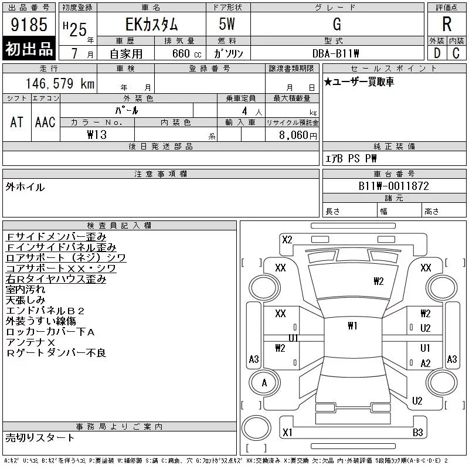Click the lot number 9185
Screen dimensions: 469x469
pyautogui.click(x=29, y=24)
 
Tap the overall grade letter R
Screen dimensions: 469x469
pyautogui.click(x=447, y=24)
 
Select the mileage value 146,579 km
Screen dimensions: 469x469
pyautogui.click(x=60, y=83)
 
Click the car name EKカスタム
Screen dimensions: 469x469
pyautogui.click(x=151, y=24)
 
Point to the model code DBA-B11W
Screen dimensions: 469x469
pyautogui.click(x=335, y=53)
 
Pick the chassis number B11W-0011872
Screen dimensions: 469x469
pyautogui.click(x=393, y=186)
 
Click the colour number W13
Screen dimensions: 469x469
pyautogui.click(x=97, y=135)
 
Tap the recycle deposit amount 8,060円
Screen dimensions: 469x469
pyautogui.click(x=298, y=135)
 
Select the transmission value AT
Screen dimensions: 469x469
pyautogui.click(x=16, y=122)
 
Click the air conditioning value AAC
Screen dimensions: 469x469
pyautogui.click(x=45, y=122)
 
